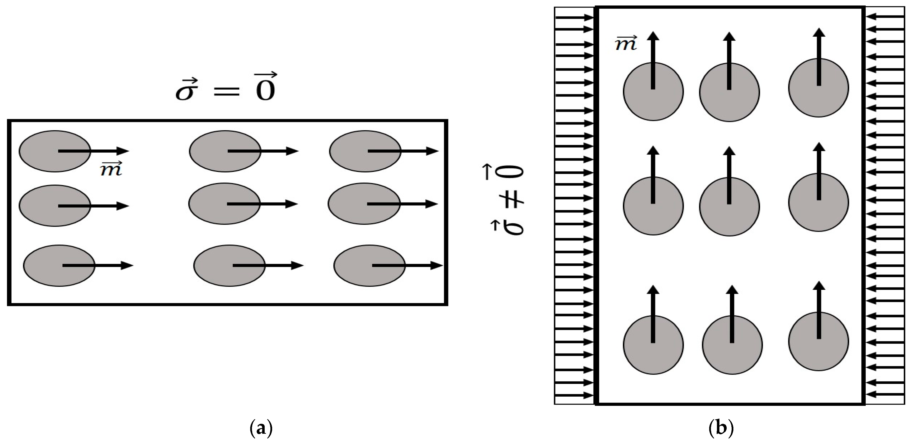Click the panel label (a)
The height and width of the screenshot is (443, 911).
pos(261,429)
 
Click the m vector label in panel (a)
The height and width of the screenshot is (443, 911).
pos(111,169)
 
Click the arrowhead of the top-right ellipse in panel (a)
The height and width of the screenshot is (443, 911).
pos(432,151)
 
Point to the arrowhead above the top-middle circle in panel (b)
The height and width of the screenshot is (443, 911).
pos(729,36)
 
